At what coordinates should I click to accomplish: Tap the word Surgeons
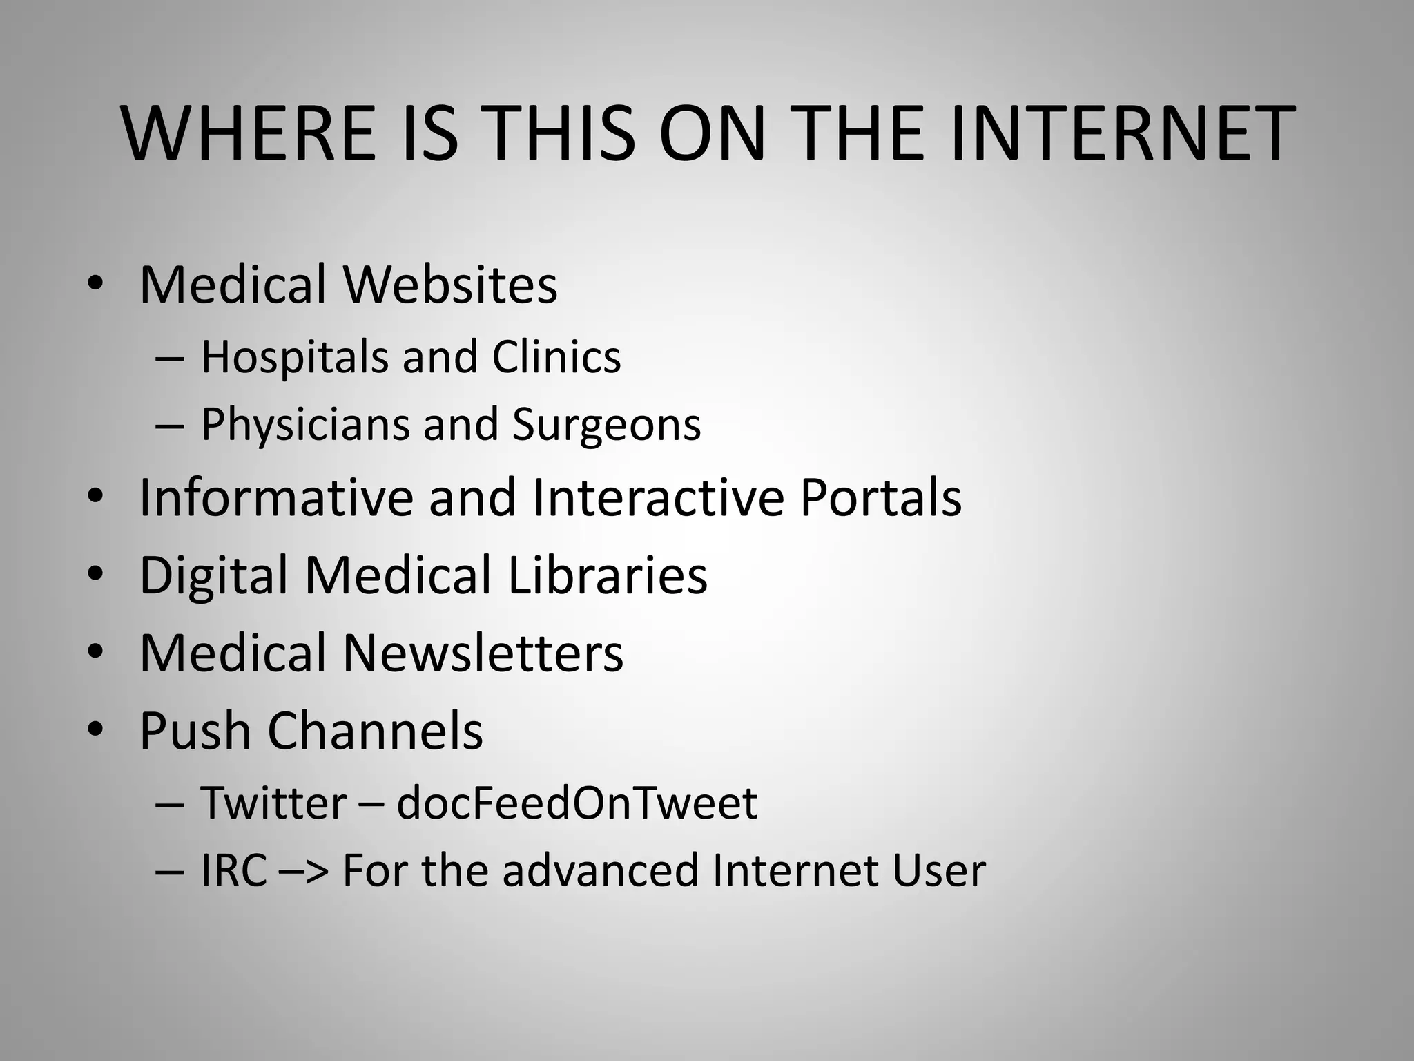[x=606, y=424]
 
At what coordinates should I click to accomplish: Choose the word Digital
[x=213, y=575]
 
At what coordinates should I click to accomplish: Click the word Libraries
[x=608, y=575]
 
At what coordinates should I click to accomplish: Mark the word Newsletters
[x=483, y=653]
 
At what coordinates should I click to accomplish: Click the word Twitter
[x=273, y=803]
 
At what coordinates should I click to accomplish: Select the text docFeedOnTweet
[x=577, y=803]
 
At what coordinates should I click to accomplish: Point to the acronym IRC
[x=233, y=870]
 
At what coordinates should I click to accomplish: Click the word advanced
[x=600, y=870]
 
